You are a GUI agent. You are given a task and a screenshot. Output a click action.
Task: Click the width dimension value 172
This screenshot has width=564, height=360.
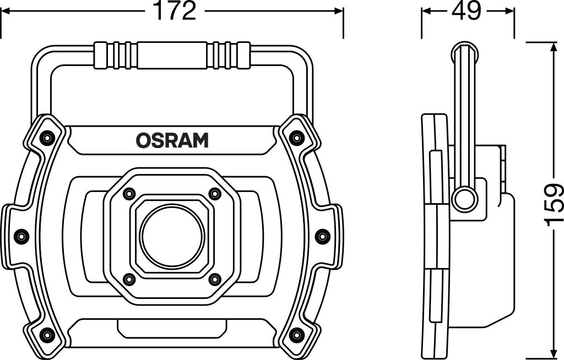[x=173, y=11]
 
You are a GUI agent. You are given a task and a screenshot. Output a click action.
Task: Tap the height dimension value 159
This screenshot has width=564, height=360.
[x=553, y=205]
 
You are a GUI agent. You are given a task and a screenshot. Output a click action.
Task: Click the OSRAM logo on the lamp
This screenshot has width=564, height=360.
[x=172, y=141]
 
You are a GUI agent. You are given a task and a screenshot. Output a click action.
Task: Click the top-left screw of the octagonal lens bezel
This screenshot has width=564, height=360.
[x=130, y=193]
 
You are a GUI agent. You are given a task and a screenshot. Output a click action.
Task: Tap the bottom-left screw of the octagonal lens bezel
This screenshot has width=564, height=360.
[x=130, y=279]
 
